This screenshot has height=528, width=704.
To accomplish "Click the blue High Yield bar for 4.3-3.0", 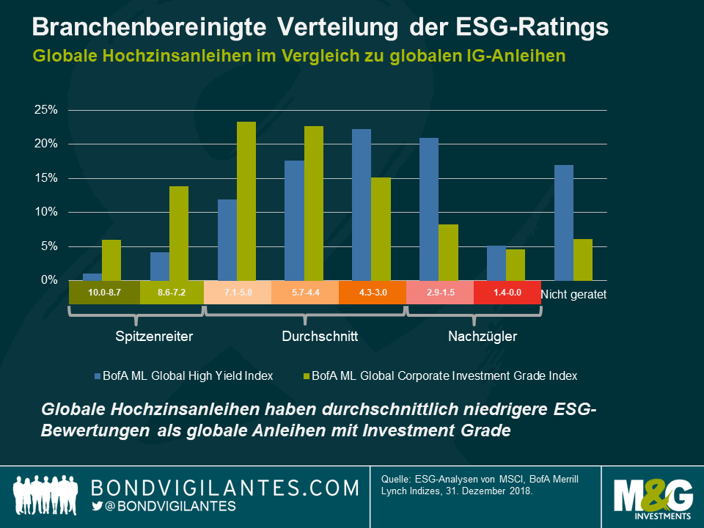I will (362, 205).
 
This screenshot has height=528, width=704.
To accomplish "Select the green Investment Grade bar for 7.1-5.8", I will (246, 201).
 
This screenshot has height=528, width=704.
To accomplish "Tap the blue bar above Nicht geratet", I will (563, 223).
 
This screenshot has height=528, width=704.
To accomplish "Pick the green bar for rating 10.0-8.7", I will (111, 260).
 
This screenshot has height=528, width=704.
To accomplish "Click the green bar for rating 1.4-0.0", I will (515, 265).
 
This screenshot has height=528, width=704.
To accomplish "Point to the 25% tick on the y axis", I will (45, 110).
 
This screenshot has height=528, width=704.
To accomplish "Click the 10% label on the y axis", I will (45, 212).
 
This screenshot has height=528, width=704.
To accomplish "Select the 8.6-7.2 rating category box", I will (170, 293).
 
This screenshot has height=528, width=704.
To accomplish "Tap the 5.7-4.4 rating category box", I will (305, 293).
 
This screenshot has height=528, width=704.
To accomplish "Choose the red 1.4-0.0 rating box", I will (507, 293).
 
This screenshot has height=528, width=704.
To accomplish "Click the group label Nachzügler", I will (483, 337).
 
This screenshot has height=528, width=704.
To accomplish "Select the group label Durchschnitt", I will (320, 337).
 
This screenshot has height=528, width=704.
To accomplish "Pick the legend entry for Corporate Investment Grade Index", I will (440, 375).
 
